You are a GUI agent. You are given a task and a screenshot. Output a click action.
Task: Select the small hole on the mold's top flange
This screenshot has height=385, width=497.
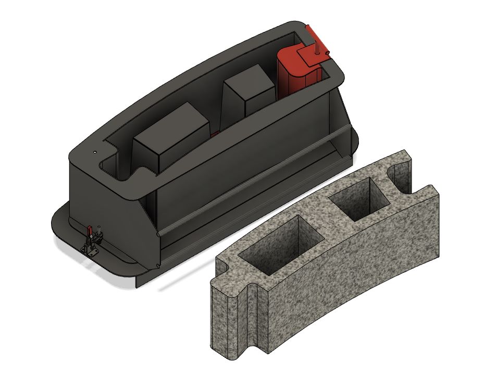(x=95, y=152)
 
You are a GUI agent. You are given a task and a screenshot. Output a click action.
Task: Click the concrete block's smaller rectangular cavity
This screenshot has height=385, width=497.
(x=359, y=200)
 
